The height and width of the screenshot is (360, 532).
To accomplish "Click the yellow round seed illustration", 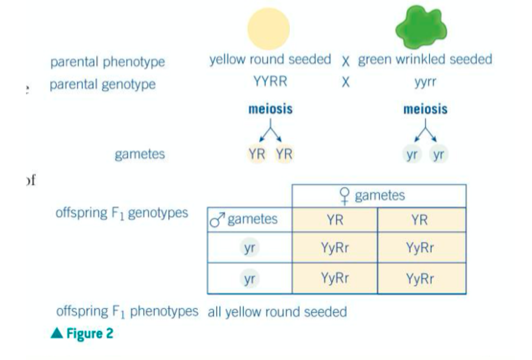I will pyautogui.click(x=268, y=28).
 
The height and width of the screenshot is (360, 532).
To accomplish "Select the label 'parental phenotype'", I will pyautogui.click(x=108, y=62).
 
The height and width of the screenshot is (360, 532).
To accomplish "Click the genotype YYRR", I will pyautogui.click(x=270, y=82).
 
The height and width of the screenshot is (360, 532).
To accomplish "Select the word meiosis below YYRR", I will pyautogui.click(x=270, y=110).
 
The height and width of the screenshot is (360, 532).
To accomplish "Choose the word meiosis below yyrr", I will pyautogui.click(x=425, y=110).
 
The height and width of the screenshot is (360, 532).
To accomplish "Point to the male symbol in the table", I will pyautogui.click(x=217, y=220).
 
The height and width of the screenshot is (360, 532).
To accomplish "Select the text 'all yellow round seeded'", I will pyautogui.click(x=277, y=312).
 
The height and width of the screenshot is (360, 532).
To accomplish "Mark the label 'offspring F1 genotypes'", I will pyautogui.click(x=122, y=213).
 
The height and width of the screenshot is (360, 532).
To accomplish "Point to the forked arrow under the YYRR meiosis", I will pyautogui.click(x=271, y=130).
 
